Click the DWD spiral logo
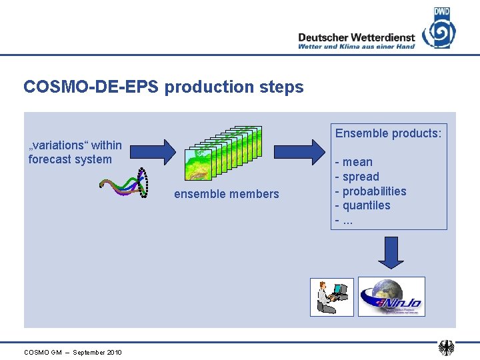(x=439, y=29)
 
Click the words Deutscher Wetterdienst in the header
(x=356, y=38)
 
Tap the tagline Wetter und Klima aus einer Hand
(x=356, y=47)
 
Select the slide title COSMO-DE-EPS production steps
(x=163, y=87)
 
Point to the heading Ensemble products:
(x=388, y=133)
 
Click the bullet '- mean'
(x=354, y=162)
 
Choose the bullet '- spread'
(x=357, y=177)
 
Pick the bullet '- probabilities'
(x=371, y=191)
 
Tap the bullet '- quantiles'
(x=363, y=205)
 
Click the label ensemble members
(x=227, y=194)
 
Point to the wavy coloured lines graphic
(x=124, y=185)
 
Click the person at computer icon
(x=332, y=297)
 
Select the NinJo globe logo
(x=391, y=297)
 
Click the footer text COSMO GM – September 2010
(x=73, y=352)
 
